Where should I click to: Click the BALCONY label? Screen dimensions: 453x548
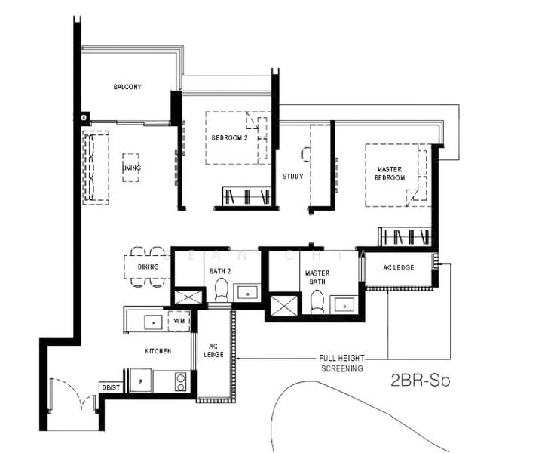coord(127,87)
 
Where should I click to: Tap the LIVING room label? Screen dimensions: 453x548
coord(133,167)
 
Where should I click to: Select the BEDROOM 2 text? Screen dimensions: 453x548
coord(229,137)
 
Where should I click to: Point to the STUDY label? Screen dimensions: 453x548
coord(292,177)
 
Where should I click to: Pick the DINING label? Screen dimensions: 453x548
coord(148,267)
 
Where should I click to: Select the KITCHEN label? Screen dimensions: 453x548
coord(158,351)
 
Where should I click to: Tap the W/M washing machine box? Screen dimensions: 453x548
coord(179,320)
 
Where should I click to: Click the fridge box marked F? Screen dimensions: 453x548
coord(140,381)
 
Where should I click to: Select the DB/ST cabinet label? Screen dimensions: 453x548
coord(110,387)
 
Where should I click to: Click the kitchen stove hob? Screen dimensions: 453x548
coord(181,380)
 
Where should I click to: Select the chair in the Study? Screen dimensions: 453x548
coord(305,154)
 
